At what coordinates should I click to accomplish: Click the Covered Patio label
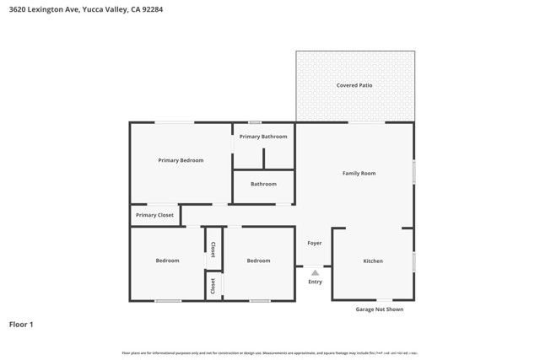click(x=354, y=85)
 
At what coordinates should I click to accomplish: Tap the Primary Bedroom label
click(x=181, y=160)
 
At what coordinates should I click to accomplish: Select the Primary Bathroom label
click(x=263, y=137)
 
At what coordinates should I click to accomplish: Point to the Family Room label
click(x=359, y=174)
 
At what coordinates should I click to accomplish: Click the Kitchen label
click(x=373, y=261)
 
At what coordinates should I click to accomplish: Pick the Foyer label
click(x=315, y=243)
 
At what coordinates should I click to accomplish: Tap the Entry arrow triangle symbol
click(x=315, y=272)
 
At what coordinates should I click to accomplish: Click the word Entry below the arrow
click(x=315, y=282)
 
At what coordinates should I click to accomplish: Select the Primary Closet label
click(x=154, y=215)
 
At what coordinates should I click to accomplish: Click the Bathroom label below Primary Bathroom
click(x=263, y=184)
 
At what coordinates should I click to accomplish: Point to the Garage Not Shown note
click(x=380, y=309)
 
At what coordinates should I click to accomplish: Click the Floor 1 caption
click(x=21, y=324)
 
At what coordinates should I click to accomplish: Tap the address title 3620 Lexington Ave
click(x=41, y=10)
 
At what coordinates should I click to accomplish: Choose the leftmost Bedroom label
click(x=167, y=261)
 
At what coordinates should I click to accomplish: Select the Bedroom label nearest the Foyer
click(x=258, y=261)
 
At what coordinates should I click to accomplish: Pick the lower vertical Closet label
click(x=213, y=285)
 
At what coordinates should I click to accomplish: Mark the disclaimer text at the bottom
click(x=270, y=352)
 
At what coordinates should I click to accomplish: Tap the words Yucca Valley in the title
click(x=105, y=10)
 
